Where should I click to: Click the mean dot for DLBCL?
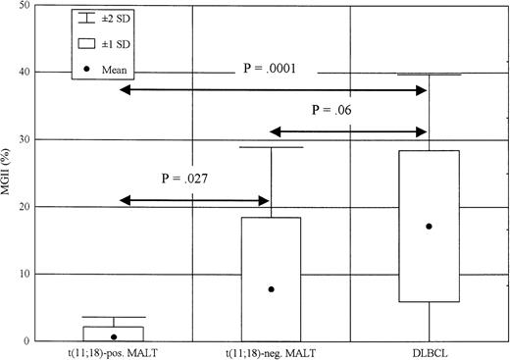tap(429, 227)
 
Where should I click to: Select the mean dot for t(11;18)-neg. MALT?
tap(271, 289)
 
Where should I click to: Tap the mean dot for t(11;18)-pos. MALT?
tap(114, 336)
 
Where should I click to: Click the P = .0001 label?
tap(270, 70)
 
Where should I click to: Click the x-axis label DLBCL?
tap(429, 350)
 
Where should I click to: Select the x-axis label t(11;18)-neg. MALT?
tap(271, 350)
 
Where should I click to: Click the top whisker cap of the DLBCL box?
tap(429, 75)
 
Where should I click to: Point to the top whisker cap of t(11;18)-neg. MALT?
tap(271, 147)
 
